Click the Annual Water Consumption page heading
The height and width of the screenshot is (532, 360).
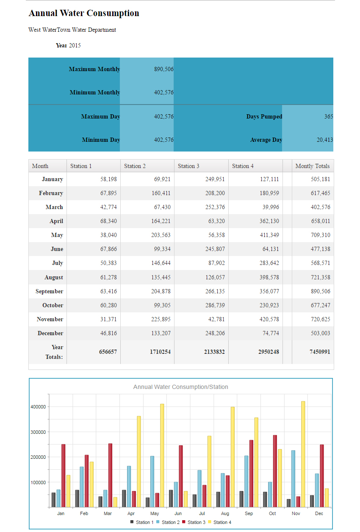tap(84, 13)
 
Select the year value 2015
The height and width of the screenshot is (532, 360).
tap(75, 45)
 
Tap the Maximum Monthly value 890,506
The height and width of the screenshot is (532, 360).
tap(164, 69)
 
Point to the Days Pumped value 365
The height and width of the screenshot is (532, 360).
tap(329, 116)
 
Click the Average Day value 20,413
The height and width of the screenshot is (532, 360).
tap(325, 140)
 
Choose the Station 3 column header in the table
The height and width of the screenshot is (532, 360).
tap(188, 166)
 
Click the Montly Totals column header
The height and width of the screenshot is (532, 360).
tap(313, 166)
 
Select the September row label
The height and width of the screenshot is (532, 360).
tap(50, 292)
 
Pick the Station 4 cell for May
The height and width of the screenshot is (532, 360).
tap(269, 235)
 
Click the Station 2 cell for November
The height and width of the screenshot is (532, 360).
tap(161, 319)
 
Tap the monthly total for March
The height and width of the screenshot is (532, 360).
tap(320, 207)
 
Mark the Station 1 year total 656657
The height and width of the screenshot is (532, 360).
tap(108, 352)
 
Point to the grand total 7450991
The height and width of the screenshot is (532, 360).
tap(320, 352)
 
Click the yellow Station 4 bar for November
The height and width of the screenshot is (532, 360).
tap(303, 454)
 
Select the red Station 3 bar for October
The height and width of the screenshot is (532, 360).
tap(275, 471)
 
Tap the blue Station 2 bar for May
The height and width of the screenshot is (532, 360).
tap(152, 481)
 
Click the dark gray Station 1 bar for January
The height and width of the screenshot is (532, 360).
tap(53, 500)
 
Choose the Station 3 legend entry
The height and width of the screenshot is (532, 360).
tap(194, 522)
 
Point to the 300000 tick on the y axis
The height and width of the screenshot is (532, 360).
tap(38, 432)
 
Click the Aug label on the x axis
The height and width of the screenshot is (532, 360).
tap(225, 513)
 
